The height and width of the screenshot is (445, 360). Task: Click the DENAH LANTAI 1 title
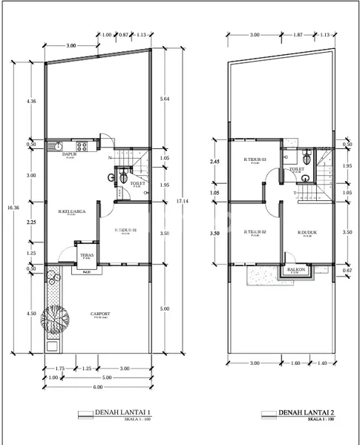point(122,413)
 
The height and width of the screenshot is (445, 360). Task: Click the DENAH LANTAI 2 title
point(306,413)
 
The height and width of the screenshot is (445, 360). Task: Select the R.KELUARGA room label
point(71,213)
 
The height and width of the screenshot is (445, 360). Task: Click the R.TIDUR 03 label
point(255,159)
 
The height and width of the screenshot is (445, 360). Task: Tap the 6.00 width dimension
point(97,388)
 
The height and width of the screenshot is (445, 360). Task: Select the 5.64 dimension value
point(165,96)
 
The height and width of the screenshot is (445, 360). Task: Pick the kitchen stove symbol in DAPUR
point(83,145)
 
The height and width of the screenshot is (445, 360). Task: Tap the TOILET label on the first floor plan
point(136,182)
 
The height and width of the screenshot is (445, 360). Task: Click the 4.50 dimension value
point(30,313)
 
